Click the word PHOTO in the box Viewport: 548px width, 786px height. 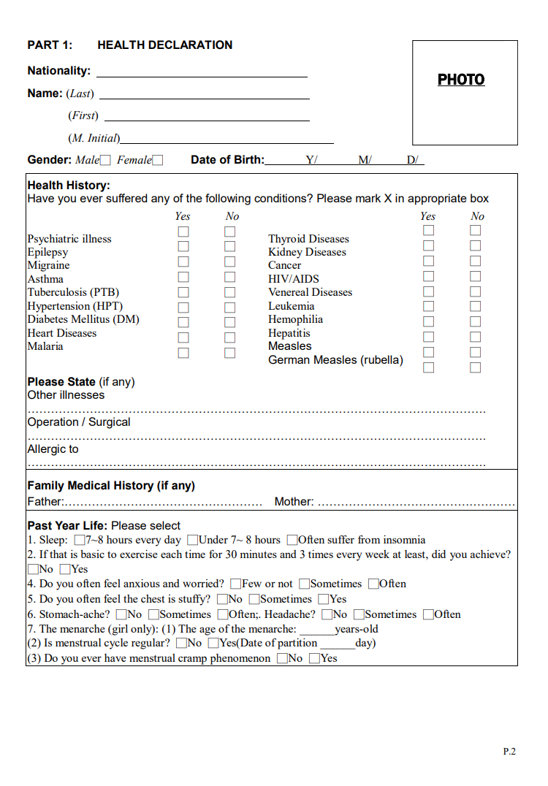tap(461, 80)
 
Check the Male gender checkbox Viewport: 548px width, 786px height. tap(105, 160)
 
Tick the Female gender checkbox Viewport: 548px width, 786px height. tap(158, 160)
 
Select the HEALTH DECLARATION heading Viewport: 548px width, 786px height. tap(164, 45)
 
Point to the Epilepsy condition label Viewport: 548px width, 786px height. tap(47, 252)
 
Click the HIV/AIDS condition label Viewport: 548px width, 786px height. tap(294, 279)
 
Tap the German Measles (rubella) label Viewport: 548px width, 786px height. tap(335, 360)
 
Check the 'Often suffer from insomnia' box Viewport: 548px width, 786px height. tap(292, 541)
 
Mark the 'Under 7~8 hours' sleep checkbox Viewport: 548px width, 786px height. tap(193, 541)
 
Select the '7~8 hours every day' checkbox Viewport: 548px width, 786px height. tap(80, 541)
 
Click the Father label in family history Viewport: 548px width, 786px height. tap(45, 502)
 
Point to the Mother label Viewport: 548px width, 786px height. tap(294, 502)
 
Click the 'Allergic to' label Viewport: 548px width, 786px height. tap(53, 449)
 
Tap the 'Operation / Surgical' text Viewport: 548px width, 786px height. tap(79, 422)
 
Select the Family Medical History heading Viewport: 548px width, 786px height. tap(111, 486)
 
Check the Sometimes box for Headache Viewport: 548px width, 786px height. tap(359, 614)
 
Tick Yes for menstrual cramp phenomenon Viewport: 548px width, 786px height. tap(314, 659)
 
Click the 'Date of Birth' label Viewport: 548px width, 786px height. tap(227, 160)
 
